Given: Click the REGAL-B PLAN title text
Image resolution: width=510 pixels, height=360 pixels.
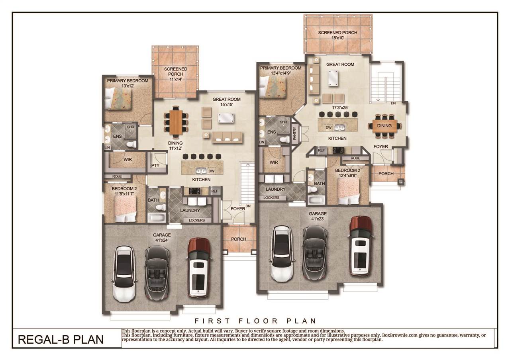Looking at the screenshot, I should [61, 339].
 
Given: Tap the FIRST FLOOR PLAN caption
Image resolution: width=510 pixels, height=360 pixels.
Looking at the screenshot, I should [255, 321].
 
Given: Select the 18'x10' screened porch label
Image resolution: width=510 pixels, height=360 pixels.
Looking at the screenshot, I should [338, 35].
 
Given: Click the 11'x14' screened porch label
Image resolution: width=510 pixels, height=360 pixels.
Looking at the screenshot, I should [176, 74].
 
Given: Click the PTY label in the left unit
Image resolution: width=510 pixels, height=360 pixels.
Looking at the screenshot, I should [155, 165].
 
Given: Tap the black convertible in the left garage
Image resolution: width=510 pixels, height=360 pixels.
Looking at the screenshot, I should [157, 272].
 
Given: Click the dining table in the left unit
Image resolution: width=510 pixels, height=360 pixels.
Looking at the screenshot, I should [175, 122].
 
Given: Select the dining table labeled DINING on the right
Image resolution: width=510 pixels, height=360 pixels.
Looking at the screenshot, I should [384, 126].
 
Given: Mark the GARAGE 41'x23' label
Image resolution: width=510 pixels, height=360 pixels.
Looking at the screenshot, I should [318, 216].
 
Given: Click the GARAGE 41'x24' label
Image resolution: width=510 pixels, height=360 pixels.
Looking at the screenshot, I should [162, 238].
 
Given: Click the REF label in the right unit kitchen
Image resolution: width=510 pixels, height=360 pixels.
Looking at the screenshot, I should [321, 151].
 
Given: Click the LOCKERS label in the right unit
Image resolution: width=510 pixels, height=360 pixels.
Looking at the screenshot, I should [271, 198].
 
